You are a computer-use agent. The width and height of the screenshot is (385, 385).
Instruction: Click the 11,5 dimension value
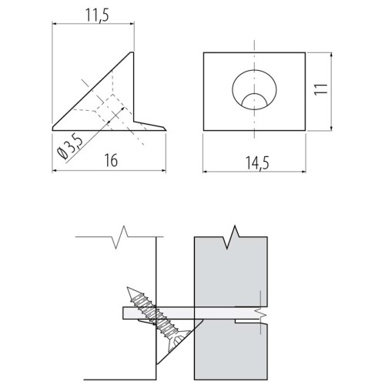tap(97, 15)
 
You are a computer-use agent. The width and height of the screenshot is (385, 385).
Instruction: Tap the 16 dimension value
tap(111, 160)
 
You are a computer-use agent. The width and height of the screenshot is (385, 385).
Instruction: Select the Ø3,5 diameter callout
tap(71, 146)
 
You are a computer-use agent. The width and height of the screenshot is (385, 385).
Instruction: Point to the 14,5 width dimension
tap(257, 163)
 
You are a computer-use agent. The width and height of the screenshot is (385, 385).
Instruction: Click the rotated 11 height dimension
tap(321, 90)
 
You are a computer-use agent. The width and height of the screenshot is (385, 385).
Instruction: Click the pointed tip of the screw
tap(128, 288)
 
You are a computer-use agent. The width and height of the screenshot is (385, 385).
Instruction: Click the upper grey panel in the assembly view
tap(231, 272)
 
